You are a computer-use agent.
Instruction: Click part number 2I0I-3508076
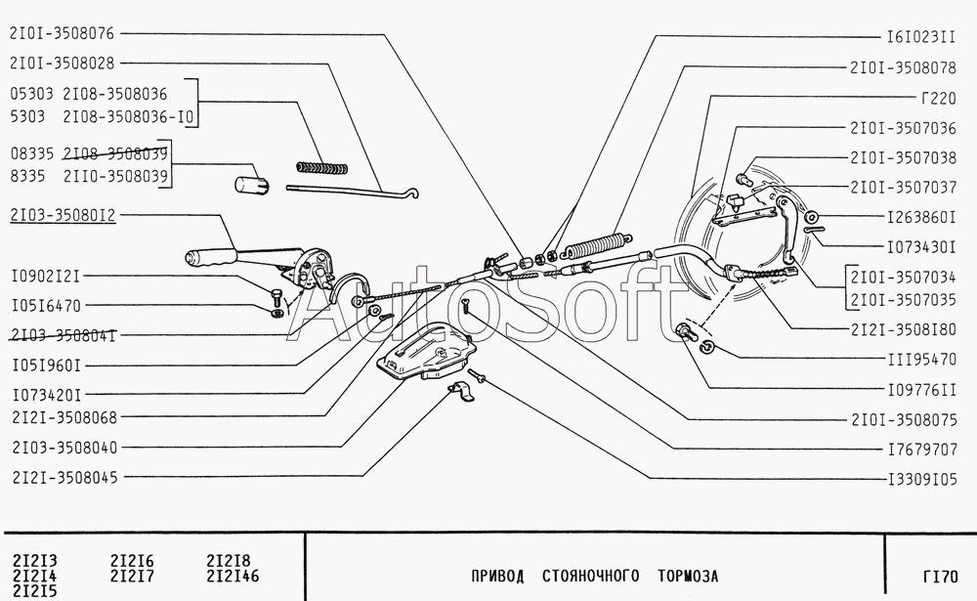pos(63,33)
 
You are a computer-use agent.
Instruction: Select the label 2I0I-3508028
pos(63,64)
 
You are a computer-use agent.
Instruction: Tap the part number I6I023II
pos(919,37)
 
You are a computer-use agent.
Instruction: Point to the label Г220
pos(936,98)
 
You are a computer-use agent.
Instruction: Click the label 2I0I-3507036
pos(902,128)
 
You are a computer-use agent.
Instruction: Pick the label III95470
pos(919,359)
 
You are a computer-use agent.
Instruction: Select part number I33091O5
pos(919,479)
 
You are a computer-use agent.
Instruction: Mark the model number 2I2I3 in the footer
pos(34,561)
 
